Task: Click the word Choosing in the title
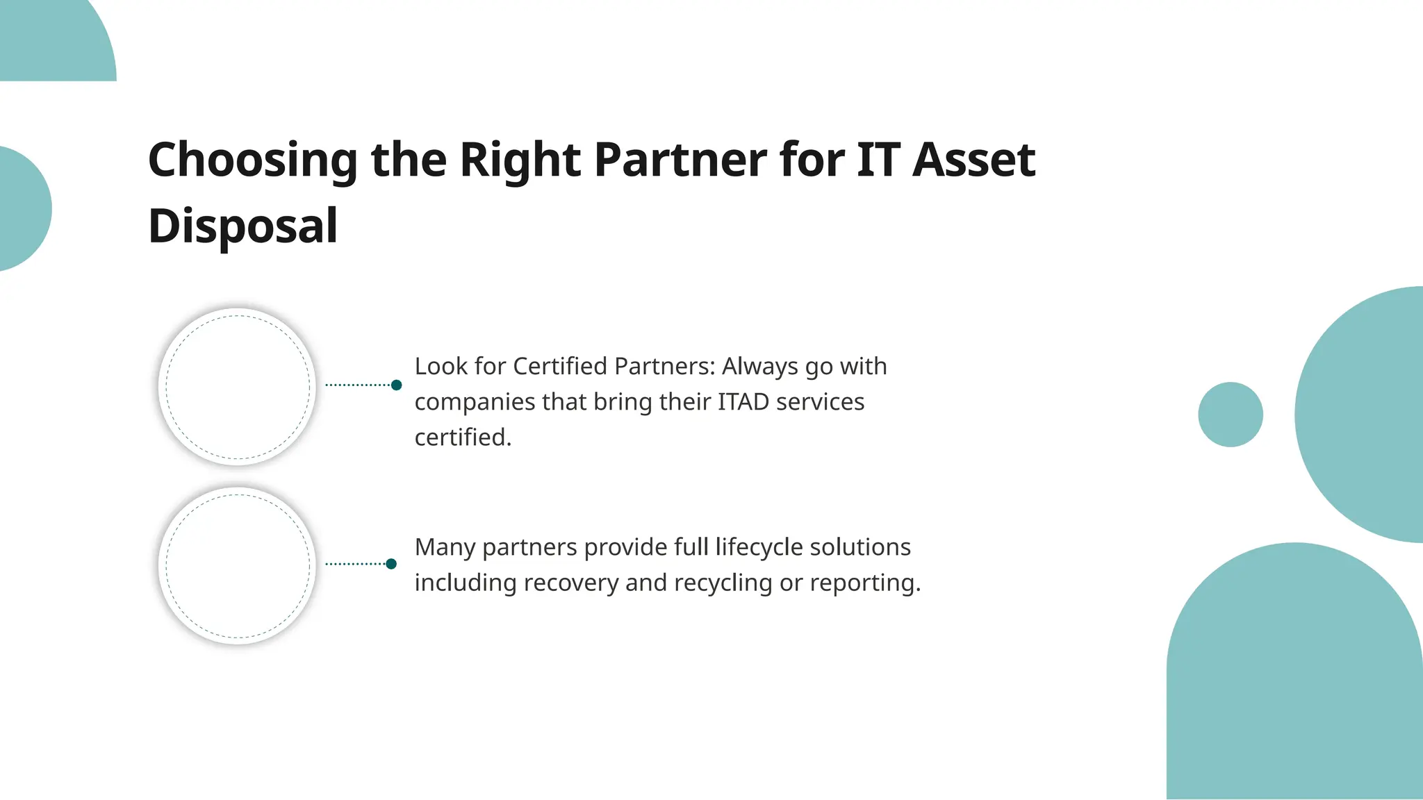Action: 252,160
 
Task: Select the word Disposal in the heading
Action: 242,226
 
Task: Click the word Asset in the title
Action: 973,160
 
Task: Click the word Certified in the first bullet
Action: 559,366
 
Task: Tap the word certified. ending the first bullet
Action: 463,437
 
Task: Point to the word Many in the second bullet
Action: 445,547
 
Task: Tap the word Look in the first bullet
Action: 441,366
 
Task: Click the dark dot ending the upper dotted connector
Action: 396,385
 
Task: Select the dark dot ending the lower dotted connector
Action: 391,564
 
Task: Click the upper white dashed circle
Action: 238,387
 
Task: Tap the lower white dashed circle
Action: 238,566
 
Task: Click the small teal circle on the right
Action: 1230,415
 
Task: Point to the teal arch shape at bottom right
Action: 1294,681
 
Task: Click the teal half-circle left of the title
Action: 21,208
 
